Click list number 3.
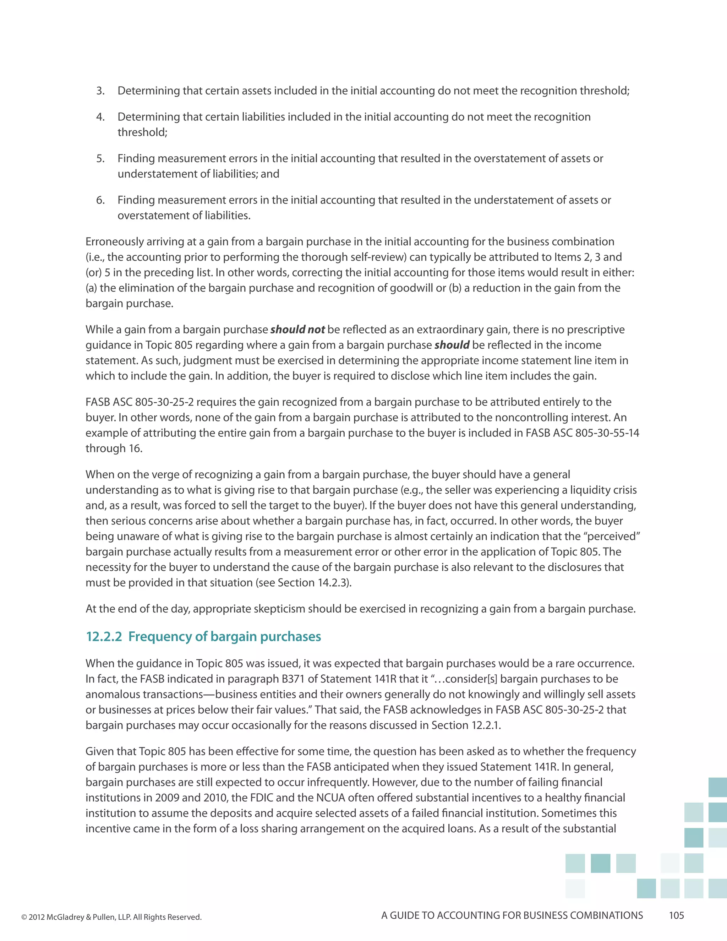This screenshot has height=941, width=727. tap(100, 91)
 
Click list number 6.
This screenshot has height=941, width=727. tap(100, 200)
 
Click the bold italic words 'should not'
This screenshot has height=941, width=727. tap(297, 330)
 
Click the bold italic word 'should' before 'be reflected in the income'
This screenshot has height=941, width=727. tap(452, 345)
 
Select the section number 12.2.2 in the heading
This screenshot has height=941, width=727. tap(104, 636)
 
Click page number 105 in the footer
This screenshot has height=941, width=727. tap(676, 915)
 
